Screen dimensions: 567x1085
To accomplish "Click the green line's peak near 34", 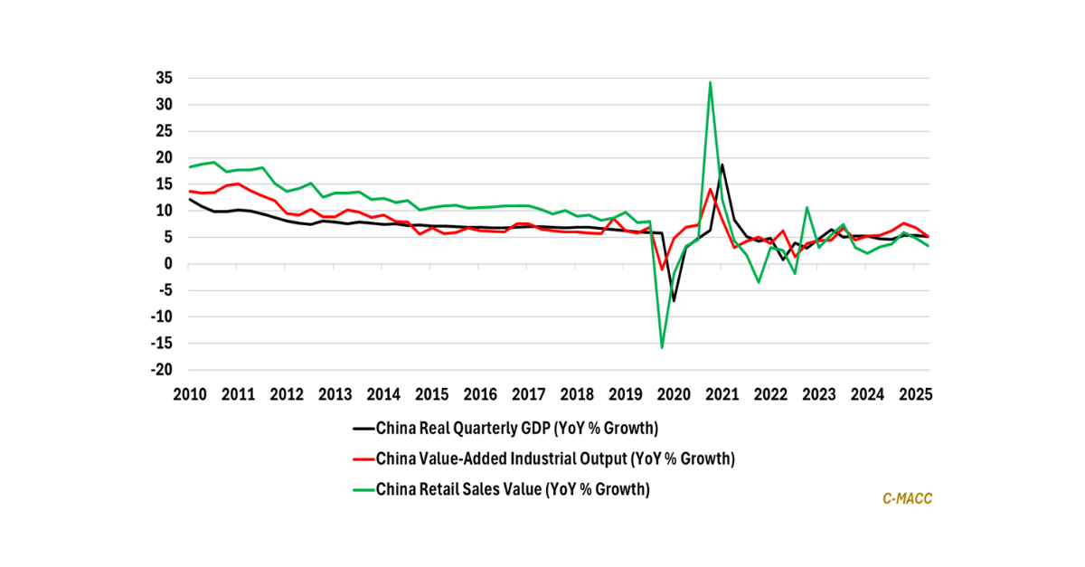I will tap(711, 83).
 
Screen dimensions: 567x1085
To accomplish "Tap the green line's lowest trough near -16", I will tap(662, 347).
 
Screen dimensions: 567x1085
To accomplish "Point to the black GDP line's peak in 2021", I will tap(722, 165).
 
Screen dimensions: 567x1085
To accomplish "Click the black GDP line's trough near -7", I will tap(674, 300).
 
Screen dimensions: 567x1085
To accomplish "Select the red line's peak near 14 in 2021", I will tap(711, 189).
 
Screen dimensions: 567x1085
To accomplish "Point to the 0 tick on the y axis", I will tap(167, 264).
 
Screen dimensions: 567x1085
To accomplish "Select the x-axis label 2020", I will tap(674, 394).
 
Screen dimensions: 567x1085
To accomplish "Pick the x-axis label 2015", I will tap(431, 394).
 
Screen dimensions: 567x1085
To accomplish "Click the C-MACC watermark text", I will tap(906, 498).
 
